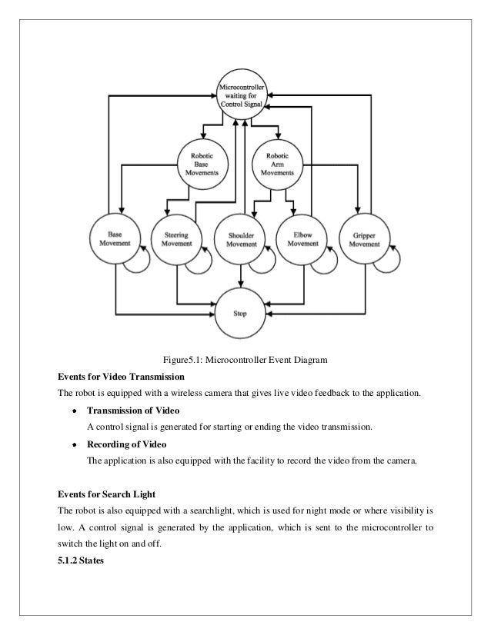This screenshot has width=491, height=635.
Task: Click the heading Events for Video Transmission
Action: pyautogui.click(x=122, y=377)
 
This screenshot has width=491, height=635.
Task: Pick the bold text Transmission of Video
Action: pyautogui.click(x=133, y=410)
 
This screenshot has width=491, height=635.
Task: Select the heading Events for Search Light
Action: pyautogui.click(x=110, y=492)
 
